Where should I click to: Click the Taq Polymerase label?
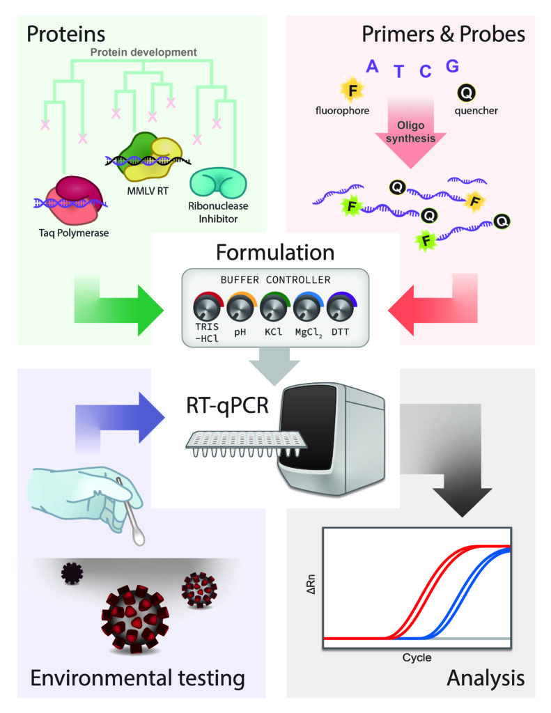(74, 233)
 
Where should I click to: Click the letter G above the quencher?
(452, 66)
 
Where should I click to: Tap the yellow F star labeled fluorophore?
(352, 90)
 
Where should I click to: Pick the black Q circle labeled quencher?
(467, 93)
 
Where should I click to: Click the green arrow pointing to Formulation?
(119, 306)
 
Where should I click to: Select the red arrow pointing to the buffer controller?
(433, 306)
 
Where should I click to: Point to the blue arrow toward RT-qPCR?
(119, 418)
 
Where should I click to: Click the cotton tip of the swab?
(139, 535)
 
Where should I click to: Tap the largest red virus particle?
(134, 619)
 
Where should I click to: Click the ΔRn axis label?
(311, 584)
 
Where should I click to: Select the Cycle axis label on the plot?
(417, 657)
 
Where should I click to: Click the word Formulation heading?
(275, 252)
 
